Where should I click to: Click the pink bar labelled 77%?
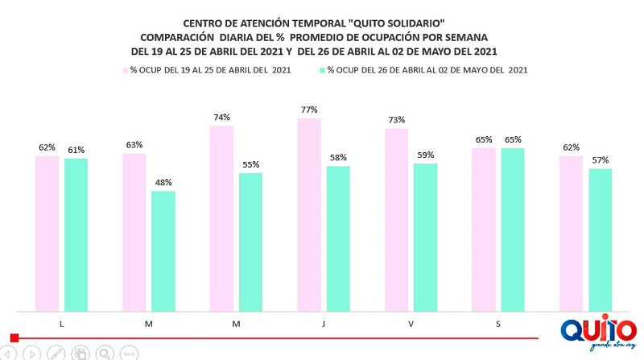pyautogui.click(x=309, y=214)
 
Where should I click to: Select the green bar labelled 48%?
pyautogui.click(x=163, y=250)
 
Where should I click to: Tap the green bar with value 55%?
pyautogui.click(x=250, y=242)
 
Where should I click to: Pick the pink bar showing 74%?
pyautogui.click(x=221, y=218)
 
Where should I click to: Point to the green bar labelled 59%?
pyautogui.click(x=425, y=237)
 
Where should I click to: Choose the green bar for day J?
pyautogui.click(x=338, y=238)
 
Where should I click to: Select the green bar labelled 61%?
pyautogui.click(x=76, y=234)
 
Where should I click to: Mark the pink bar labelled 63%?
pyautogui.click(x=134, y=232)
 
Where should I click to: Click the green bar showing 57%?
pyautogui.click(x=600, y=239)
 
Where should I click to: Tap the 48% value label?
pyautogui.click(x=163, y=182)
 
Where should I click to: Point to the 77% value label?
pyautogui.click(x=309, y=110)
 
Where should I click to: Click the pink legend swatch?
pyautogui.click(x=125, y=71)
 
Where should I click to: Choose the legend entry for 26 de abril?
pyautogui.click(x=427, y=71)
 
